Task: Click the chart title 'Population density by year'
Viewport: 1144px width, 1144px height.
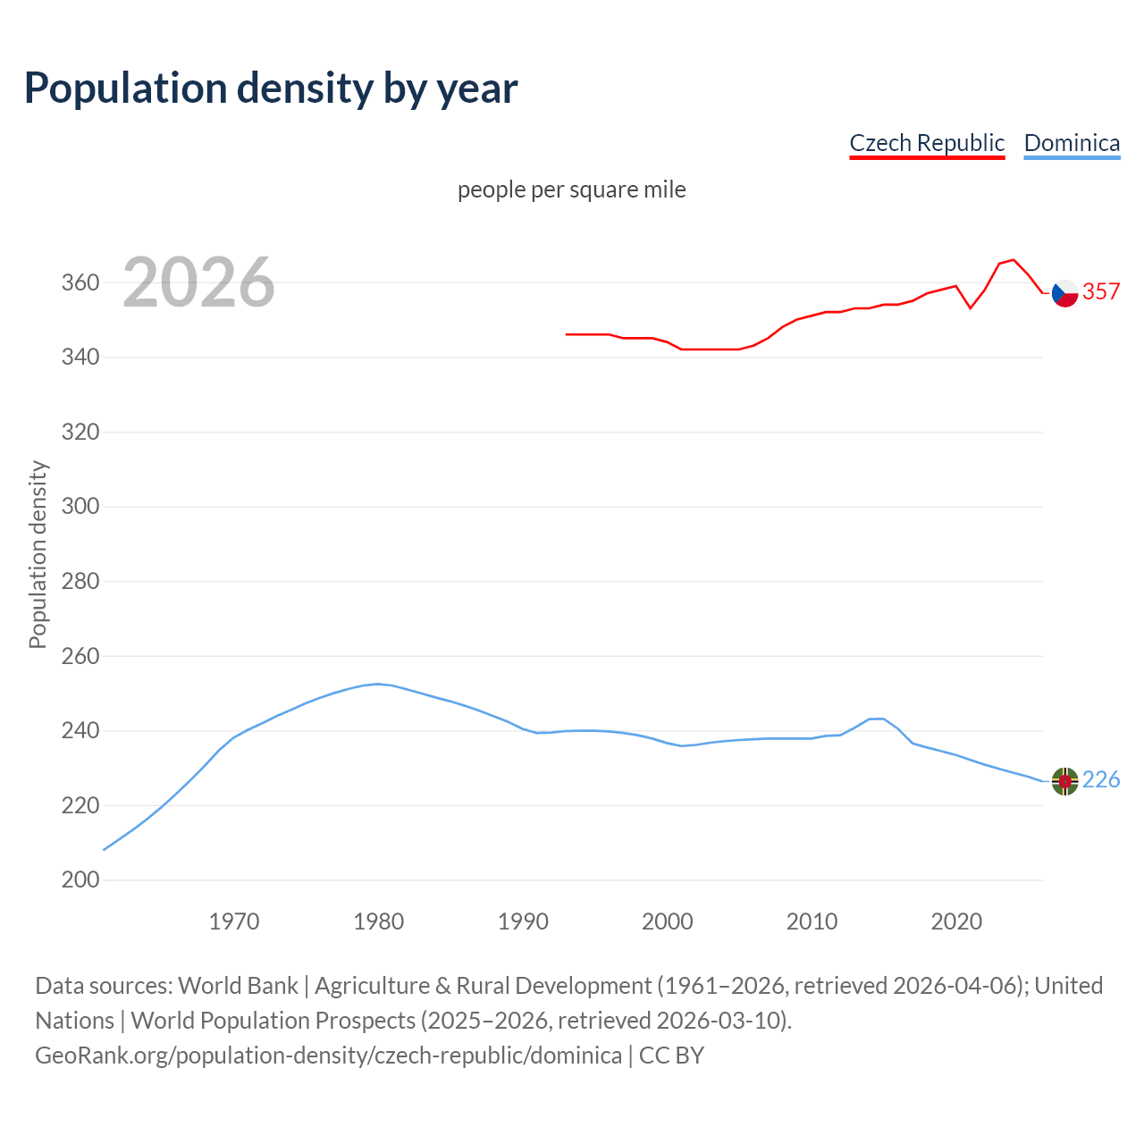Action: [271, 88]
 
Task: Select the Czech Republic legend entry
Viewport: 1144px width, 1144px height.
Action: [927, 143]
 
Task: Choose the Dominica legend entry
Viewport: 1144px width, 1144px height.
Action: [1072, 143]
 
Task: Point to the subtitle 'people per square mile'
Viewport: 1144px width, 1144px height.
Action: [571, 189]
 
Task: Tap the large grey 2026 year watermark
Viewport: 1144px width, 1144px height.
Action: [198, 282]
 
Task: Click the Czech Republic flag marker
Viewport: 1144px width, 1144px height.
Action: [1064, 292]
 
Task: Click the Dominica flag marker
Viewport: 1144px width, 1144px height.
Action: [1064, 781]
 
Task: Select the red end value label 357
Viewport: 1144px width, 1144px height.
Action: [1101, 291]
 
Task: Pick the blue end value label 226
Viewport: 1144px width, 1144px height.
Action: [1101, 780]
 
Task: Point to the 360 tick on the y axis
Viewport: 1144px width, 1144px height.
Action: [80, 282]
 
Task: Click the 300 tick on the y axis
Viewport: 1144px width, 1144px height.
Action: [80, 507]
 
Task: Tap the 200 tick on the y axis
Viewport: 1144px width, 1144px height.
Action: [80, 880]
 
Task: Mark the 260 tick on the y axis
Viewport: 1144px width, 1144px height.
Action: [80, 656]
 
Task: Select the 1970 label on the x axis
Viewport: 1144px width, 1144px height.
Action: [234, 921]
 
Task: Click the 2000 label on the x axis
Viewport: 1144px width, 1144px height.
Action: [668, 921]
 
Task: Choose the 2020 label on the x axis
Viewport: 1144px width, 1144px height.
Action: [956, 921]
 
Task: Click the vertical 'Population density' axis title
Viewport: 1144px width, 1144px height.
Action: [38, 554]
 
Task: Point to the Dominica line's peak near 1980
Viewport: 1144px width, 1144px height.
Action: [378, 684]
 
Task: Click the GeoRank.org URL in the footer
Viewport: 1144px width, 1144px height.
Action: [328, 1056]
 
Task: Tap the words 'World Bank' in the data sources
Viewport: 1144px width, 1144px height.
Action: [238, 986]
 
